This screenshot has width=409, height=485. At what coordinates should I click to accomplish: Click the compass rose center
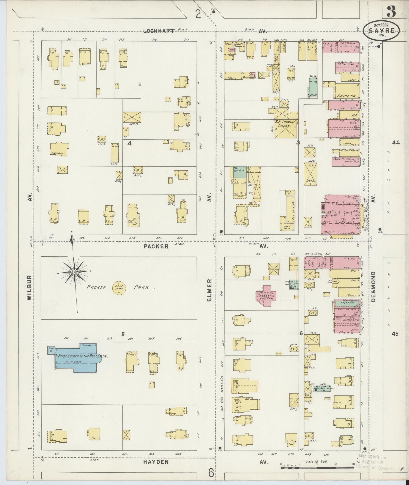coord(74,272)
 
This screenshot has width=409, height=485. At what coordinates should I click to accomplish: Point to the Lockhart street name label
coord(159,31)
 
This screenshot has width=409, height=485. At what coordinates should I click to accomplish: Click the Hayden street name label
coord(156,462)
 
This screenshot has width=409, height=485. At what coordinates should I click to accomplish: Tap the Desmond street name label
coord(373,286)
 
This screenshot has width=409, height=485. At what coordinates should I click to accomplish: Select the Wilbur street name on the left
coord(29,288)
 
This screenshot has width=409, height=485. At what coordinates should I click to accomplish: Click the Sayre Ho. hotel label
coord(346,96)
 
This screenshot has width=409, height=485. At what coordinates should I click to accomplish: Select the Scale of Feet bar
coord(317,467)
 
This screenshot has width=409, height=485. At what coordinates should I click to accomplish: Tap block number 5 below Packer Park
coord(123,334)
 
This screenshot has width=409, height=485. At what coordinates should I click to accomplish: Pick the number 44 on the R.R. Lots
coord(396,143)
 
